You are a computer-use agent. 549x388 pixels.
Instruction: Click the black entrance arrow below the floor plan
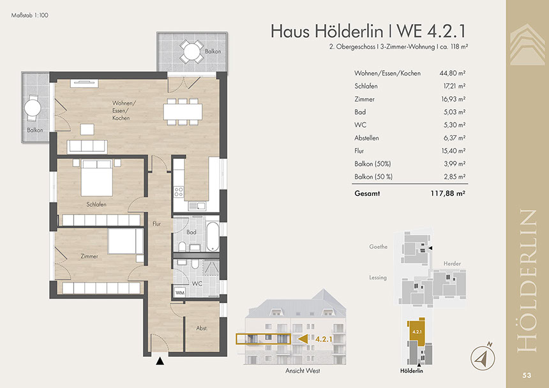coord(160,361)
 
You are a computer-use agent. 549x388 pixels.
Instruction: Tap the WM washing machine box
coord(180,292)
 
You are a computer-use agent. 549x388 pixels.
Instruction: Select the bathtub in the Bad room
coord(213,237)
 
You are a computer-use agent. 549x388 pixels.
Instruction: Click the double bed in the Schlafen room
coord(97,178)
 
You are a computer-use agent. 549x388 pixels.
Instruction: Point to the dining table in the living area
coord(183,112)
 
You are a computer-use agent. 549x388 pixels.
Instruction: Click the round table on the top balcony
coord(192,52)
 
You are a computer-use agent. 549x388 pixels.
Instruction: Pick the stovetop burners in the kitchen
coord(179,191)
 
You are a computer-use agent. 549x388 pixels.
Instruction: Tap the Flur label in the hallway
coord(156,223)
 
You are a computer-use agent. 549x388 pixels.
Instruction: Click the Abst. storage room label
coord(202,328)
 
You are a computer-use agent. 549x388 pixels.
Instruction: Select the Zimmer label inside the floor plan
coord(89,256)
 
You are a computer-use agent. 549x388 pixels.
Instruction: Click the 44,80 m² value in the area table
coord(453,73)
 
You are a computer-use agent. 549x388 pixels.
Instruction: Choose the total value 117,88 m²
coord(447,193)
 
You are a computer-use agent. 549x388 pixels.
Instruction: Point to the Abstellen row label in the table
coord(366,138)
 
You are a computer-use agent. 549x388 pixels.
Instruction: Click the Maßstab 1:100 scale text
coord(30,15)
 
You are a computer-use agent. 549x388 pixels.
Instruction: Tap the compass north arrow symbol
coord(483,357)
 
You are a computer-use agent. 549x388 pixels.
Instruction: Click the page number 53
coord(527,375)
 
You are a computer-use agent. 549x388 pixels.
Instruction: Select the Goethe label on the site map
coord(378,247)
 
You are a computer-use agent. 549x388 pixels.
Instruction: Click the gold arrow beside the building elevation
coord(303,339)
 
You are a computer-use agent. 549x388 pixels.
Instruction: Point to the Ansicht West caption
coord(303,371)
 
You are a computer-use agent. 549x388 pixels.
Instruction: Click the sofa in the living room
coord(87,147)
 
